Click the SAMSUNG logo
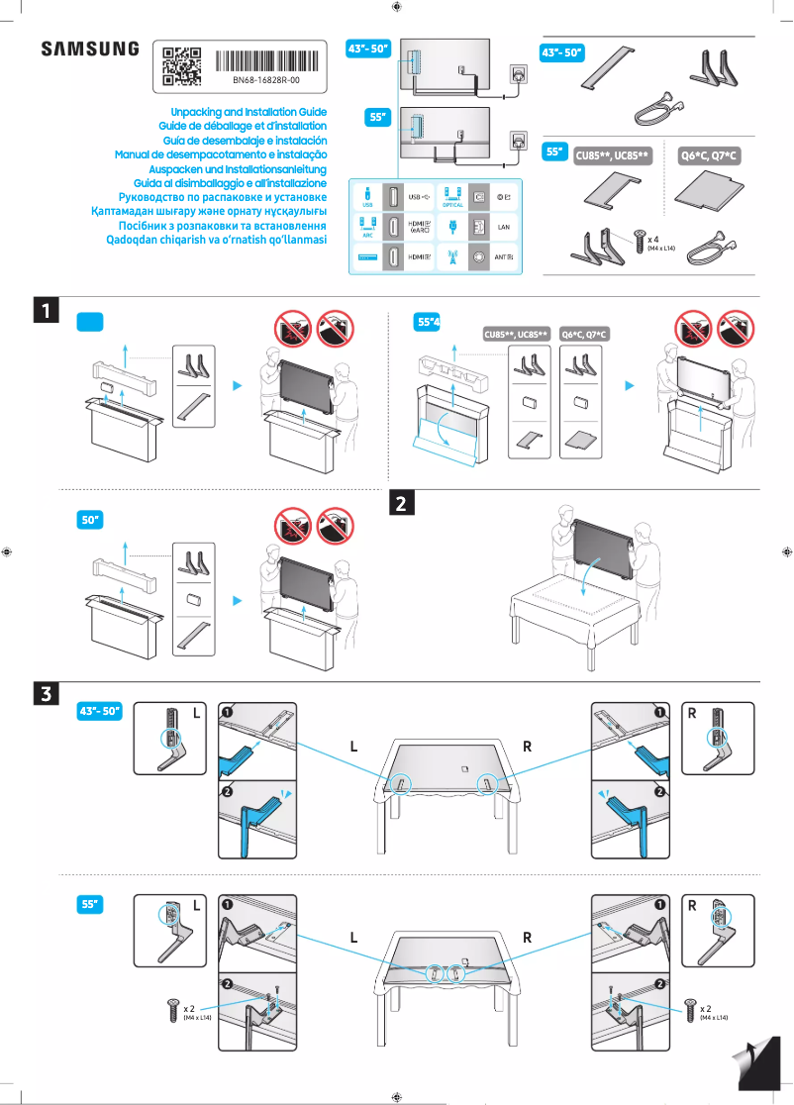89,49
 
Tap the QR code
181,65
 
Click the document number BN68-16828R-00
265,79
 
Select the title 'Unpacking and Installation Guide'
248,113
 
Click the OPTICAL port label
453,205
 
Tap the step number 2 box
403,502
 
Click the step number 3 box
46,693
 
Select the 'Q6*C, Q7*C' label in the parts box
710,156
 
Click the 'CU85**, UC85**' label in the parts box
612,156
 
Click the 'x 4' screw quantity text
654,239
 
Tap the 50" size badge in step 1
91,519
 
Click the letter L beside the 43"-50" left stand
196,712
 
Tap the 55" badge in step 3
91,904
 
